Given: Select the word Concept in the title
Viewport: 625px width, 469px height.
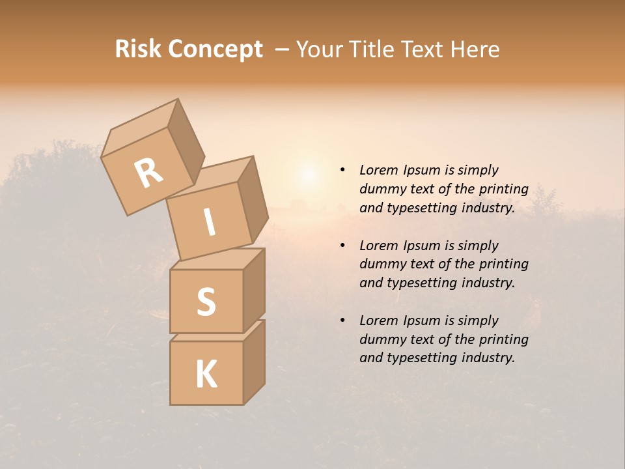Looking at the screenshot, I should [x=215, y=50].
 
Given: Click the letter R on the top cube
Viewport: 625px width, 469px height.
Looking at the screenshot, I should [x=149, y=173].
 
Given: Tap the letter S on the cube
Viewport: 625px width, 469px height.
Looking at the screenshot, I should [x=206, y=302].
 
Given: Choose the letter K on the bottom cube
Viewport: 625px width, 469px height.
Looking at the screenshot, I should [x=206, y=374].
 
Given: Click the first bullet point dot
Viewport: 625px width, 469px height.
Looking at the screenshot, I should [x=342, y=171].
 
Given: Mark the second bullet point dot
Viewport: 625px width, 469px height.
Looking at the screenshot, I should [x=342, y=246].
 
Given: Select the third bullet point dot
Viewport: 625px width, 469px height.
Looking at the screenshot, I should [x=342, y=320].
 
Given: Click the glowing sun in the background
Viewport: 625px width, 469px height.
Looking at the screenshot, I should [x=309, y=175].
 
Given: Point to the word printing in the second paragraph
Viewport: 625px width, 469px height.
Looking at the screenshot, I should [x=503, y=264].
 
